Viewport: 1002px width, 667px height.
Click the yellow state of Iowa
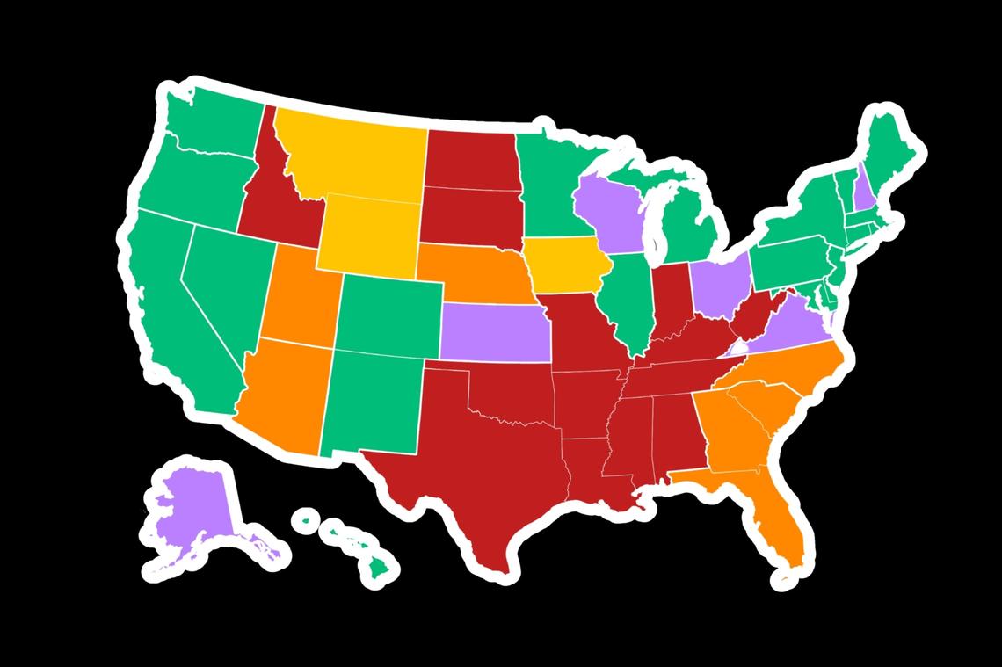[563, 264]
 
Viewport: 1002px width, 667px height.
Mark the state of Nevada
[220, 281]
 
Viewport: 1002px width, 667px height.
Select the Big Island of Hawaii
[381, 567]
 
